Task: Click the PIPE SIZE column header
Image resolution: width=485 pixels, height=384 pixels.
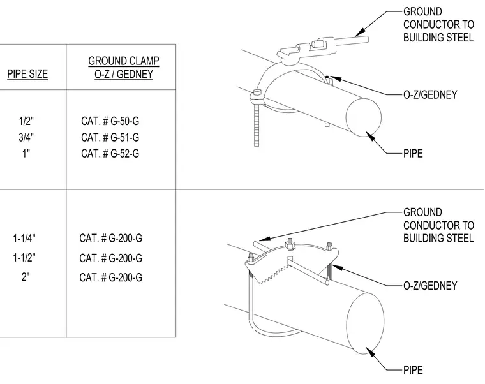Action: (27, 74)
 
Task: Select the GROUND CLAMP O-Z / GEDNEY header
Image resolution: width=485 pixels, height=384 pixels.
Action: (124, 68)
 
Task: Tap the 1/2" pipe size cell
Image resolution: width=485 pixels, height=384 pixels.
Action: (26, 121)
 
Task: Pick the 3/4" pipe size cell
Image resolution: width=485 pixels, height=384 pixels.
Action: (26, 137)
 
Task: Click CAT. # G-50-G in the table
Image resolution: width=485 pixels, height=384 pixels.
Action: (110, 121)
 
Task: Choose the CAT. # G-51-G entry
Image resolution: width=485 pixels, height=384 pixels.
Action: (110, 137)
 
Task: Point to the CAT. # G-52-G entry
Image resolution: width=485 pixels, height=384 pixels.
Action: (110, 153)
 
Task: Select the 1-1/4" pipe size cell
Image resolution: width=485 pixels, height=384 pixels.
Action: (24, 239)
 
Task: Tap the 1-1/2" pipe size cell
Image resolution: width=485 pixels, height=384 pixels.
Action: (24, 258)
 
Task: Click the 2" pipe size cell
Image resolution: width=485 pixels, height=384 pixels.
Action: (26, 277)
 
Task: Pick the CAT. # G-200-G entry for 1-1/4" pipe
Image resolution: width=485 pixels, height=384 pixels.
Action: (111, 239)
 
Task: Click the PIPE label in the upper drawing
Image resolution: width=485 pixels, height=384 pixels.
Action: (413, 153)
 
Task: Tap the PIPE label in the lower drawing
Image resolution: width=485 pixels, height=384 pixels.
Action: (413, 370)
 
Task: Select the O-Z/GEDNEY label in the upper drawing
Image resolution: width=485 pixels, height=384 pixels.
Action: (430, 94)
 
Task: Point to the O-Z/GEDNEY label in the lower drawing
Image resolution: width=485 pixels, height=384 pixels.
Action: (430, 285)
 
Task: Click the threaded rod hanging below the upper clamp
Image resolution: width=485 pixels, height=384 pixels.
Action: (257, 125)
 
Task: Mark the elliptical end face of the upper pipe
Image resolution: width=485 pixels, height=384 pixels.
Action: (364, 117)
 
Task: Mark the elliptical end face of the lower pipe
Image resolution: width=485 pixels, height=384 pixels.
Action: (365, 323)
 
